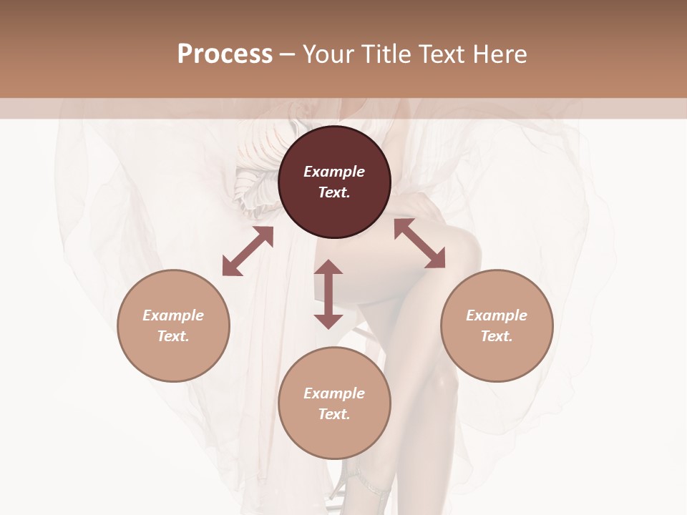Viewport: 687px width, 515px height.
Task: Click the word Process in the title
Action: (225, 54)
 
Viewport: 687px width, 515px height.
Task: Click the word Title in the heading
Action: (384, 54)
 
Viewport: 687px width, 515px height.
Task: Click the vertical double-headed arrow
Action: (328, 294)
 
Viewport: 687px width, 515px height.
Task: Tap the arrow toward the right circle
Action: (419, 243)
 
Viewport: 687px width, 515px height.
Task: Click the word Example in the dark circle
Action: (334, 172)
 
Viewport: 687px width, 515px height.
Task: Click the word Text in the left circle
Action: (173, 336)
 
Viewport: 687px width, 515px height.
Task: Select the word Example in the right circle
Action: (497, 315)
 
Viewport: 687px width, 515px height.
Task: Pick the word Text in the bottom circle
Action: (334, 414)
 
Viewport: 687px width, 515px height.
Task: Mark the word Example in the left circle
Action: (173, 315)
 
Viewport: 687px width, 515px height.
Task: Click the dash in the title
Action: (287, 54)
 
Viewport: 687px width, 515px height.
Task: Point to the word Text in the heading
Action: (444, 54)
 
